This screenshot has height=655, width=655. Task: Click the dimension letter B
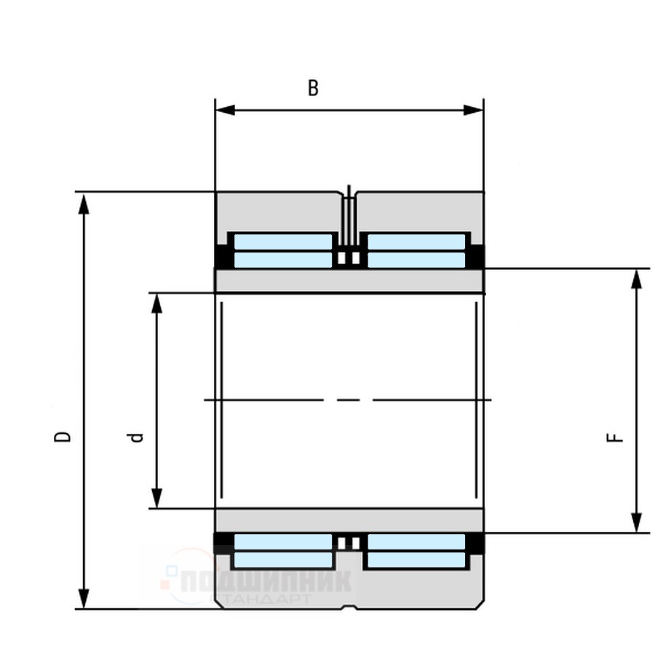(313, 88)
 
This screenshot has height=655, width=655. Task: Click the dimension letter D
(64, 436)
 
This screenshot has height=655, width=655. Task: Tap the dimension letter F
(615, 437)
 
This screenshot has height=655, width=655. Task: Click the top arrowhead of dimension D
(84, 203)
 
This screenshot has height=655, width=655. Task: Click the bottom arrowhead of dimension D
(84, 598)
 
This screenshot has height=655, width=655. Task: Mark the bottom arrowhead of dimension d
(156, 499)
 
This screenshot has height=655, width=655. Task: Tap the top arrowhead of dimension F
(637, 279)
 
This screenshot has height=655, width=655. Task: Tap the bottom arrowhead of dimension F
(637, 523)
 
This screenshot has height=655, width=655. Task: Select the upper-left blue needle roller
(282, 250)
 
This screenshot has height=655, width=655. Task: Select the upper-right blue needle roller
(416, 250)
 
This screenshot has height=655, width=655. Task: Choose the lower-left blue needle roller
(282, 551)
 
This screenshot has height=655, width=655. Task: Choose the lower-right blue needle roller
(416, 551)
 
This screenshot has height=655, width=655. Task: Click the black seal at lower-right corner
(475, 544)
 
